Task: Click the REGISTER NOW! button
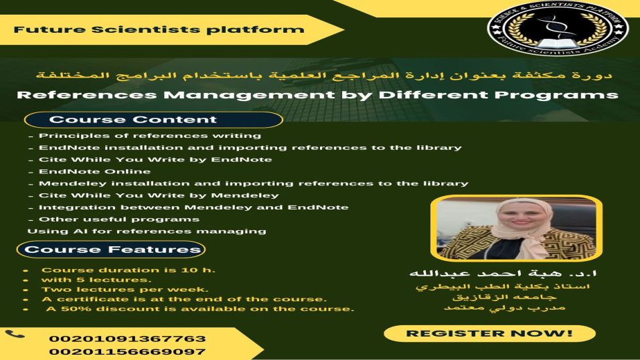point(489,333)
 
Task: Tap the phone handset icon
point(15,335)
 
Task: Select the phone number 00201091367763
point(127,339)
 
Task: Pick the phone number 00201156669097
point(127,352)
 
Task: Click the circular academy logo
point(558,29)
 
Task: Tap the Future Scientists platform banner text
point(159,30)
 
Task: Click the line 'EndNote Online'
point(94,171)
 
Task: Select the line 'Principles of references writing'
point(150,136)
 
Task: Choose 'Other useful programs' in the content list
point(118,219)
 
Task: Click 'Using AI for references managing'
point(147,232)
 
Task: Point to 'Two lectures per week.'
point(125,289)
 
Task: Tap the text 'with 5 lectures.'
point(96,280)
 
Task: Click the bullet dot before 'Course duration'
point(26,270)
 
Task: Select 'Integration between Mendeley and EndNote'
point(193,207)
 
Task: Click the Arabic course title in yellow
point(324,76)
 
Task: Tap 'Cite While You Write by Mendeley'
point(159,195)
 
